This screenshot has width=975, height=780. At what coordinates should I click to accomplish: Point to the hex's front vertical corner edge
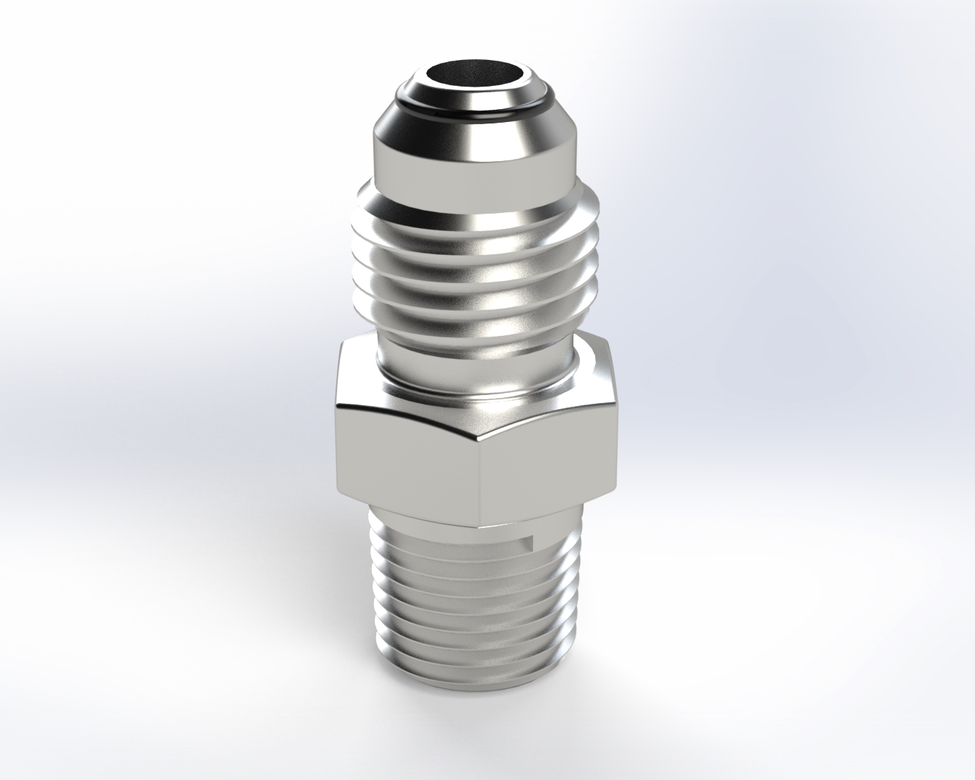tap(481, 477)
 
